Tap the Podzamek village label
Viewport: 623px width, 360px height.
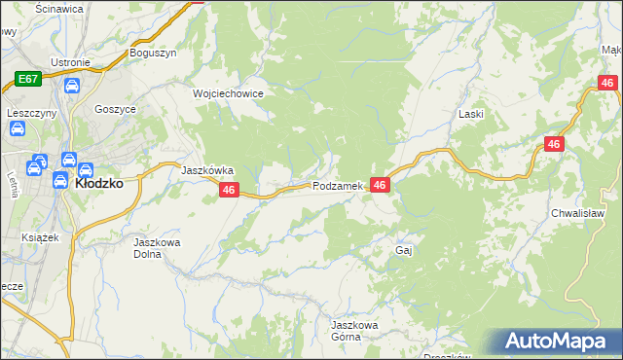(x=338, y=186)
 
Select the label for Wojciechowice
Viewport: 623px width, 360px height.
(x=228, y=93)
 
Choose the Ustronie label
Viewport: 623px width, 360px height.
(x=71, y=63)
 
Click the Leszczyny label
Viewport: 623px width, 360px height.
(x=29, y=113)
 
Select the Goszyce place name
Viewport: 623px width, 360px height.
(x=115, y=110)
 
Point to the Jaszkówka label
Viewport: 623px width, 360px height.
(x=207, y=169)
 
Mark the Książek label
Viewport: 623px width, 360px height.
(x=41, y=236)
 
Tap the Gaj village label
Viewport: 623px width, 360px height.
(x=405, y=250)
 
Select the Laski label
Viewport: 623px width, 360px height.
(x=472, y=114)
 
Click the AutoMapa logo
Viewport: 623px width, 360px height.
(x=558, y=342)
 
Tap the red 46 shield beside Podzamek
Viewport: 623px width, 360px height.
(x=380, y=185)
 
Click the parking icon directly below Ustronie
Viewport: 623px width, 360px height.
(x=71, y=87)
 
